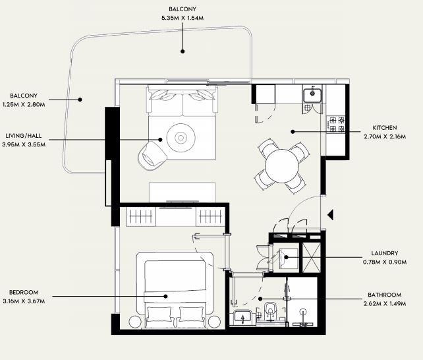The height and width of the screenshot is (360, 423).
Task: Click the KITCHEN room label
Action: (384, 128)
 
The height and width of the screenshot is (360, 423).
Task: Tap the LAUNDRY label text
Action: (384, 253)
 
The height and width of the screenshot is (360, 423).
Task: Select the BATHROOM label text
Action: (384, 295)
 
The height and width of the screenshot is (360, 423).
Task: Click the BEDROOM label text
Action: (24, 292)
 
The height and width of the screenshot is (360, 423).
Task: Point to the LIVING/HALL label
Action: (24, 135)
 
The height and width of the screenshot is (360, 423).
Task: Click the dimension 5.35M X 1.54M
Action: (183, 18)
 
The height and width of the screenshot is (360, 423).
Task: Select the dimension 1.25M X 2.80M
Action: (24, 104)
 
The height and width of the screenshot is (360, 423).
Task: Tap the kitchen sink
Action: (312, 95)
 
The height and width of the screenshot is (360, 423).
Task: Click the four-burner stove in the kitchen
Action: (336, 124)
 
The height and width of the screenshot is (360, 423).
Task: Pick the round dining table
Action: (281, 166)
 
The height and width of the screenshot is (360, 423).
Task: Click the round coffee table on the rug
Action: (181, 138)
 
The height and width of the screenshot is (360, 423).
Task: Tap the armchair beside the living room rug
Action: (152, 156)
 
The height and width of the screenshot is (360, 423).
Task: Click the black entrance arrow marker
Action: (331, 215)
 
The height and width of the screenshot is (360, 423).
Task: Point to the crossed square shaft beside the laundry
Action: (312, 257)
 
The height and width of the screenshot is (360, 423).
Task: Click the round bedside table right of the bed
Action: (215, 322)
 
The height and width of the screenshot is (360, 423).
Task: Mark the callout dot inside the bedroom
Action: (165, 296)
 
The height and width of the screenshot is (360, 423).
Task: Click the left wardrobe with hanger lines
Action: (140, 216)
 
